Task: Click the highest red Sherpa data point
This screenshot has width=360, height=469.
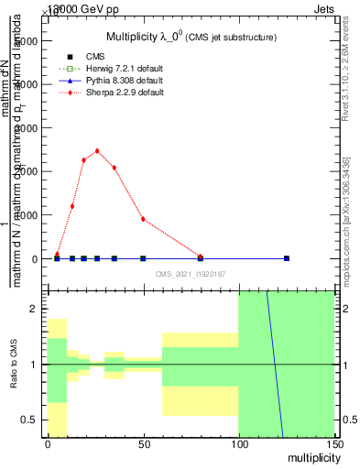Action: click(97, 151)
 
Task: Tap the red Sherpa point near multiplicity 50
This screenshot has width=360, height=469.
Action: click(143, 219)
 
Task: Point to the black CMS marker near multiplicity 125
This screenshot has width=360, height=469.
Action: click(287, 258)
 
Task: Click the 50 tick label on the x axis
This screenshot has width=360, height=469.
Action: click(143, 444)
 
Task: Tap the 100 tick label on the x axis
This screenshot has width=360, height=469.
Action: click(238, 444)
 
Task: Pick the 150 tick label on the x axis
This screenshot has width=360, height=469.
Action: click(333, 444)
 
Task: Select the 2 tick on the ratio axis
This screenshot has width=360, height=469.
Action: click(36, 310)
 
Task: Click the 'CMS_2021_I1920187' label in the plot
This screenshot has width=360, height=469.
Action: click(189, 273)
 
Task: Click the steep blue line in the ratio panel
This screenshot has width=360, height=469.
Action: click(275, 366)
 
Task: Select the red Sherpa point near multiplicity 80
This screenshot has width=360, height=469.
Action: click(201, 256)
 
